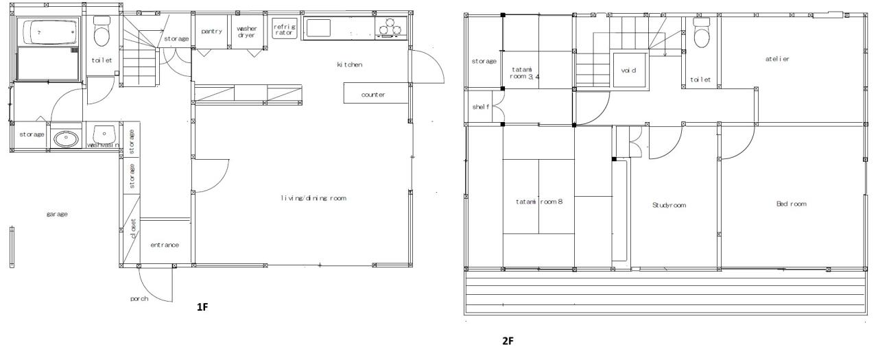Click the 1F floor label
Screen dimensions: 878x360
(x=202, y=307)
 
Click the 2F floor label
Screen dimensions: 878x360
(x=508, y=341)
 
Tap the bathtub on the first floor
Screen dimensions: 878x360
(x=49, y=32)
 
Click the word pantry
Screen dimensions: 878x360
(x=212, y=32)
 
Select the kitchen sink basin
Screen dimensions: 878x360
(x=318, y=28)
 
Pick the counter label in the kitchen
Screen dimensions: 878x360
(x=373, y=95)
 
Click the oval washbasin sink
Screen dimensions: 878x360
(x=65, y=139)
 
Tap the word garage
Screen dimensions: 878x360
(x=57, y=214)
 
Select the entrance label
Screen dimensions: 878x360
(x=165, y=245)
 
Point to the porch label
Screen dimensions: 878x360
(x=139, y=299)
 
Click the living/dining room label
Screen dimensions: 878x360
(x=313, y=198)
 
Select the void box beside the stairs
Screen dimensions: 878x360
(x=629, y=70)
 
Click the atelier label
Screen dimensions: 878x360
(x=777, y=59)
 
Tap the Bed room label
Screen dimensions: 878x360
(x=792, y=204)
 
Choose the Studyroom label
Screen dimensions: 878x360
(x=669, y=205)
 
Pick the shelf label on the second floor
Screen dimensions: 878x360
(x=481, y=106)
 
